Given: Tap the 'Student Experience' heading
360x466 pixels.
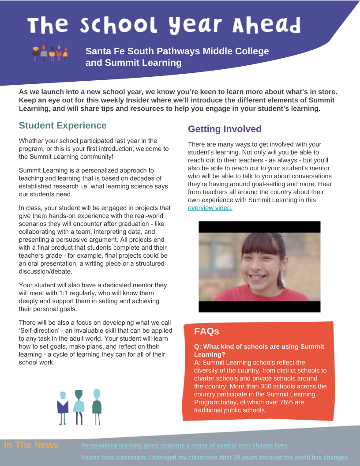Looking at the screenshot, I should coord(63,125).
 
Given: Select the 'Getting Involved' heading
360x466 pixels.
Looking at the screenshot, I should coord(225,129).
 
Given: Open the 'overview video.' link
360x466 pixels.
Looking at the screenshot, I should coord(210,208).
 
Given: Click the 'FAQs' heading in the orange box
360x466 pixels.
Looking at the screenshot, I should coord(206,331).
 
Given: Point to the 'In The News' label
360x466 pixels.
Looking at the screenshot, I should coord(31,445).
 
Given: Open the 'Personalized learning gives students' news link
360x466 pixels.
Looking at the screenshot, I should coord(184,446).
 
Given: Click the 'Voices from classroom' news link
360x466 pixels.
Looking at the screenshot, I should coord(214,458).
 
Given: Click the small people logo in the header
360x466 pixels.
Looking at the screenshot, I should coord(50,53).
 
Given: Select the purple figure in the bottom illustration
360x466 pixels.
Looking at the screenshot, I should coord(63,406).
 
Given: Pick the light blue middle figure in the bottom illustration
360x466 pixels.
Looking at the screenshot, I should coord(79,406).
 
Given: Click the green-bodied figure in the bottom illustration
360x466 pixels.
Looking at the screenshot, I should coord(97,406).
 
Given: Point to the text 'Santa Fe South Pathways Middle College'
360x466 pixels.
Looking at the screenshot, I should coord(177,51).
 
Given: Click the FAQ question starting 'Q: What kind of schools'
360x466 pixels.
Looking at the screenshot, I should coord(259,350).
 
